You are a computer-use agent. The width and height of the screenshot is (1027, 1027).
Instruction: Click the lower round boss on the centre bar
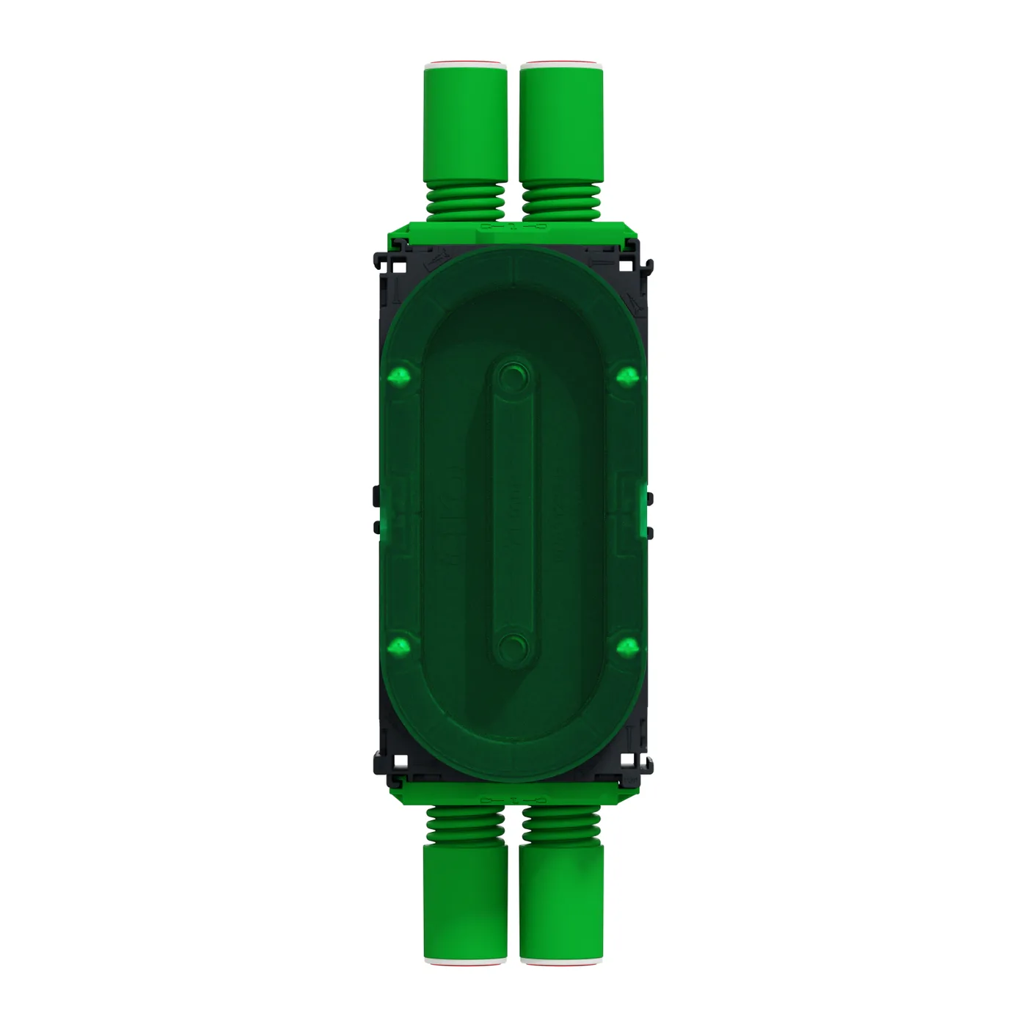(x=513, y=646)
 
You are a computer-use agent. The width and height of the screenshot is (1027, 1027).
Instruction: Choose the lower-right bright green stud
(x=627, y=646)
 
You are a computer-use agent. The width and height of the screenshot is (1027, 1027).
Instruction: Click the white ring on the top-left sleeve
(x=467, y=65)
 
